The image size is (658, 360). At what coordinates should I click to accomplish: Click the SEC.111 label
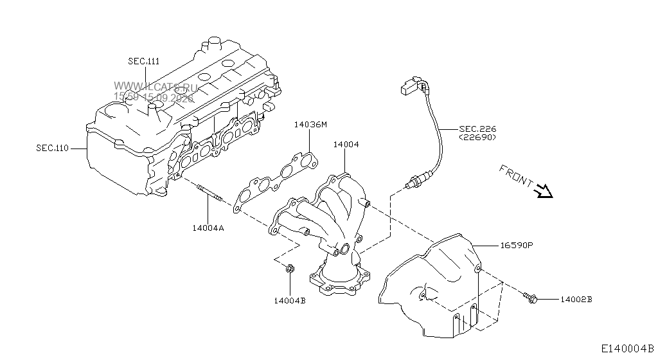point(143,61)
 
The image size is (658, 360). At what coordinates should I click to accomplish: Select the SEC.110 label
point(53,148)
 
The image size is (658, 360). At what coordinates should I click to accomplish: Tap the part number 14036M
point(310,125)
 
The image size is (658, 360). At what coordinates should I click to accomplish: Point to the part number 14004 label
point(346,145)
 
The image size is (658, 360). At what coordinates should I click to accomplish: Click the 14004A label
point(208,228)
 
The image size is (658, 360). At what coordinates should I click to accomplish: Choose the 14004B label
point(290,300)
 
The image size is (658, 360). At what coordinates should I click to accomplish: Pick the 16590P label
point(517,245)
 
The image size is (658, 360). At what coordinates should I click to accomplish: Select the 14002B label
point(576,300)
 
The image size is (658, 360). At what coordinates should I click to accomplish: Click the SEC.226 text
point(477,129)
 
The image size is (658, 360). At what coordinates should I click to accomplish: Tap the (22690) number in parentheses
point(477,137)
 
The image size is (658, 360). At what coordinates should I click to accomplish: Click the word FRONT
point(516,175)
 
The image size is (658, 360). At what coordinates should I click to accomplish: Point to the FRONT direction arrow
point(544,191)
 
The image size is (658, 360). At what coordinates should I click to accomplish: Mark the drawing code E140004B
point(627,348)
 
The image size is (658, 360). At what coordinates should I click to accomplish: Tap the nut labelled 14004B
point(290,269)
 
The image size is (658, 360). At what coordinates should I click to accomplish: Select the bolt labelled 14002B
point(531,298)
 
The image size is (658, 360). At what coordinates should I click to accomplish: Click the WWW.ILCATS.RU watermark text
point(156,87)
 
